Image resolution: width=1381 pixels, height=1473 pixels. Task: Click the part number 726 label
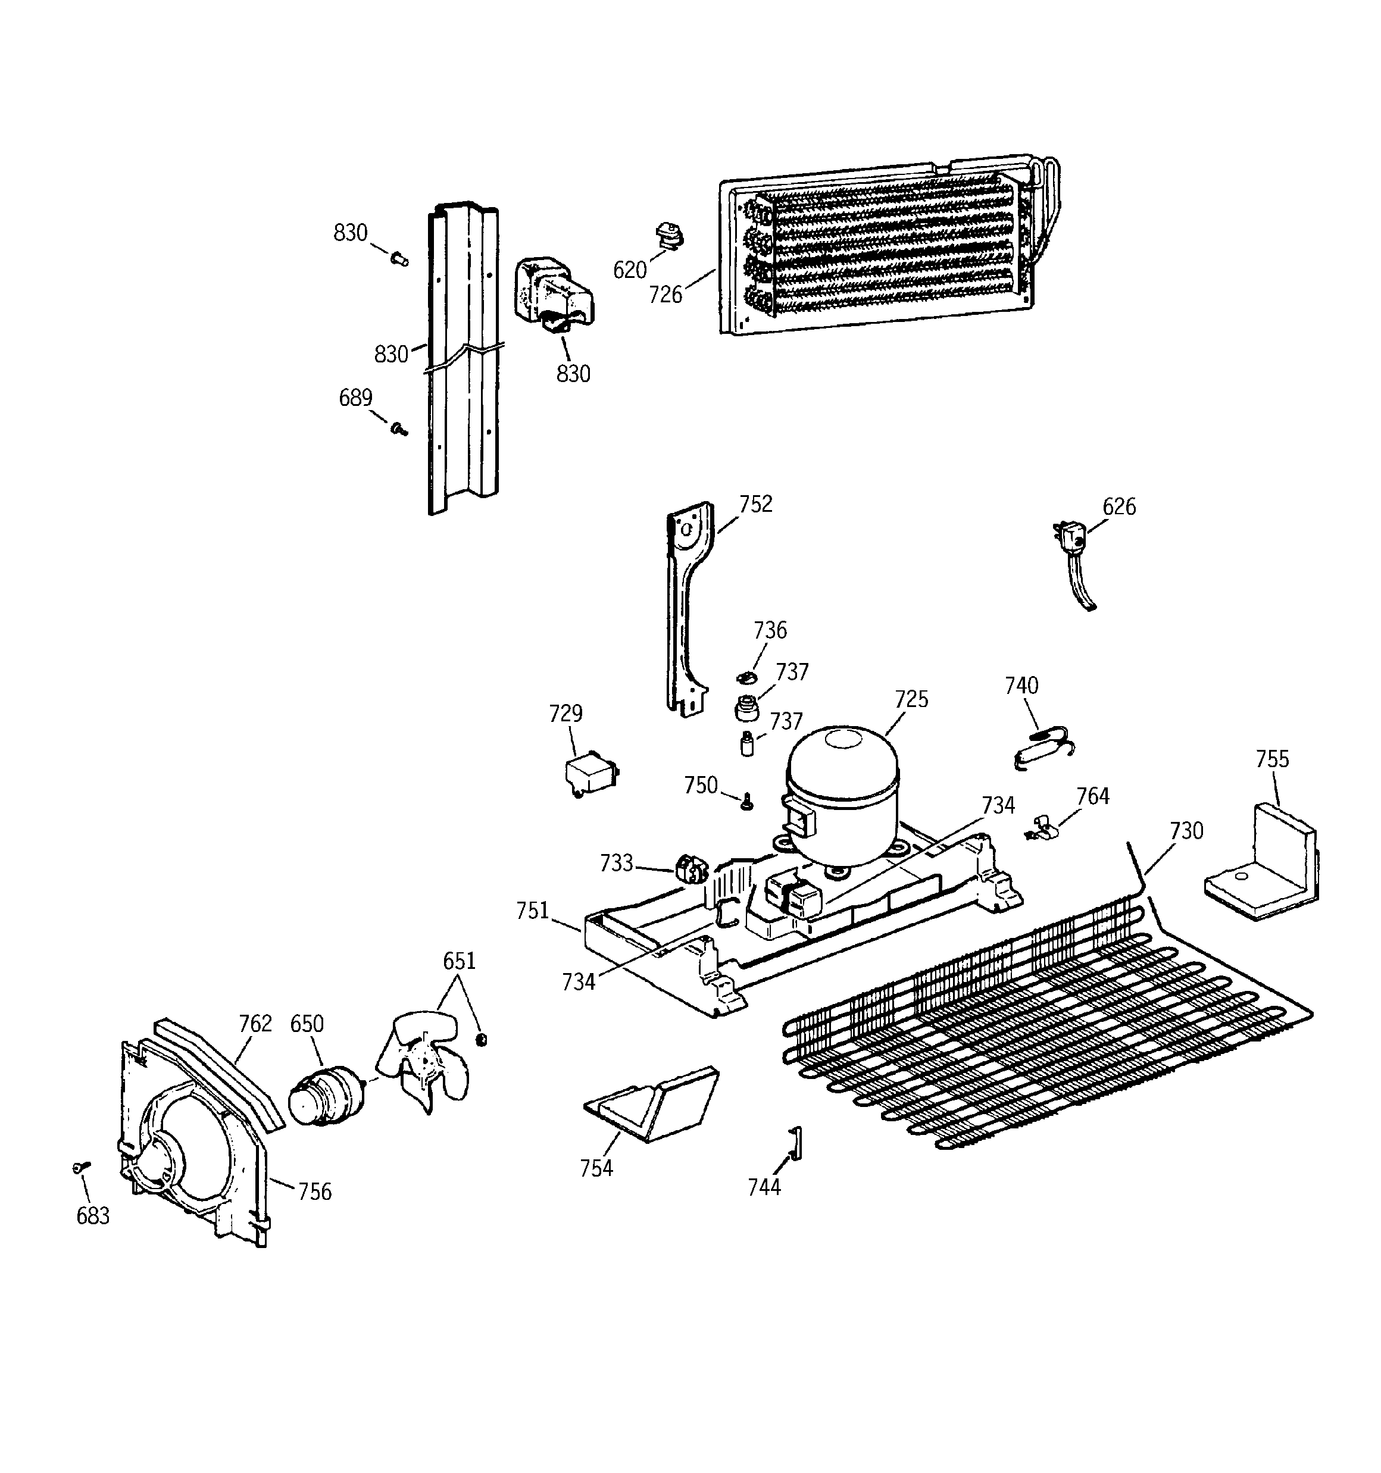coord(665,295)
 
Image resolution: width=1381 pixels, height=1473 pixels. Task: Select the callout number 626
coord(1118,507)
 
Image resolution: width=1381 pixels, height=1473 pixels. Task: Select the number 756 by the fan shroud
coord(314,1191)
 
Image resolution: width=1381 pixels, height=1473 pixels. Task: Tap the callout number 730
coord(1186,831)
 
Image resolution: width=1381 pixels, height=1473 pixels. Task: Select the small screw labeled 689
coord(399,429)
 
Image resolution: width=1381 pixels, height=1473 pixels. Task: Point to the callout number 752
coord(755,504)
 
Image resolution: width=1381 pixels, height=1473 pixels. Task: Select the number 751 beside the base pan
coord(532,911)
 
